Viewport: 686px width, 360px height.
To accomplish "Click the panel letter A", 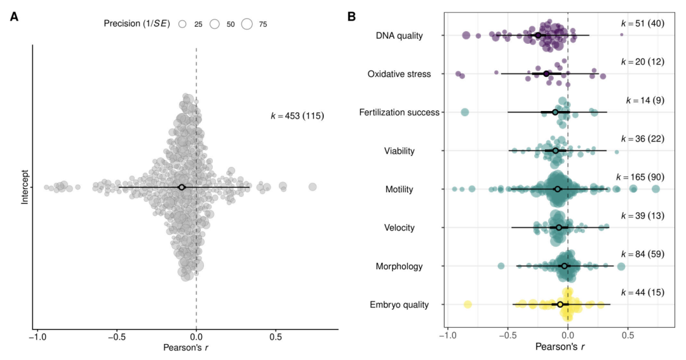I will click(14, 17).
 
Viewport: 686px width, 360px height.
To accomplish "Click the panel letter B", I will click(352, 17).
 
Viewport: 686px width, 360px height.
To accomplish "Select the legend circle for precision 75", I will click(246, 24).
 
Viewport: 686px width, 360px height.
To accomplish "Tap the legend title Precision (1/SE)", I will click(137, 23).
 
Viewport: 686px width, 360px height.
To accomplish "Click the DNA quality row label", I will click(399, 36).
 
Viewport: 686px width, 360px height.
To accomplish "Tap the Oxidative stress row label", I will click(399, 74).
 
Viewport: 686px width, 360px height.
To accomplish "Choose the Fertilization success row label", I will click(399, 112).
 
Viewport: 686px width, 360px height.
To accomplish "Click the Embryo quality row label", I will click(399, 305).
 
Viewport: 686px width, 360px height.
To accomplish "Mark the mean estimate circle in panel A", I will click(182, 187).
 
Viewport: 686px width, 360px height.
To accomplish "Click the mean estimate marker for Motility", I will click(558, 189).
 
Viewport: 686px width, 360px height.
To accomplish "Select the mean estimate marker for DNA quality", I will click(538, 36).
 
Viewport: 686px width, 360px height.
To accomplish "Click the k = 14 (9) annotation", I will click(645, 100).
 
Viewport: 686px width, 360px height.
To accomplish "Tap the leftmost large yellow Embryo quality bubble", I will click(467, 305).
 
